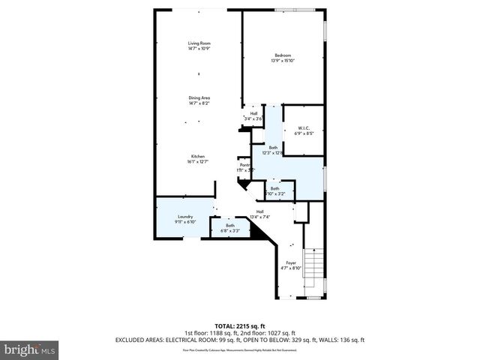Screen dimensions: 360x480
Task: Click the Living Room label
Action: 199,43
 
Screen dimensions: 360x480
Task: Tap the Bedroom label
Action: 282,55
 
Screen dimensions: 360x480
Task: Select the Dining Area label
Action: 199,97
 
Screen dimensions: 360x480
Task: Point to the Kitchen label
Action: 197,157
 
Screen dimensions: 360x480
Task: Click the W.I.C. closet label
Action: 304,127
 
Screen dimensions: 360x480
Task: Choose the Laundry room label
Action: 186,217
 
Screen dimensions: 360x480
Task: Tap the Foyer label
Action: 291,262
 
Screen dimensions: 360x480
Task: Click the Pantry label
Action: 244,166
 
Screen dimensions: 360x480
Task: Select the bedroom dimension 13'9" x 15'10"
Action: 282,61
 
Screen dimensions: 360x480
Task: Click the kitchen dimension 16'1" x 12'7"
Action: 197,162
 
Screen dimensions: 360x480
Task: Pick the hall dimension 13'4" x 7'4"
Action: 260,217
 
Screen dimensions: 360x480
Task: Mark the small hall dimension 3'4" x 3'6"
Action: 254,119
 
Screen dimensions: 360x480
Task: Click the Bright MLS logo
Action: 30,349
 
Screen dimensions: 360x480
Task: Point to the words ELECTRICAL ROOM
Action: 178,340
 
